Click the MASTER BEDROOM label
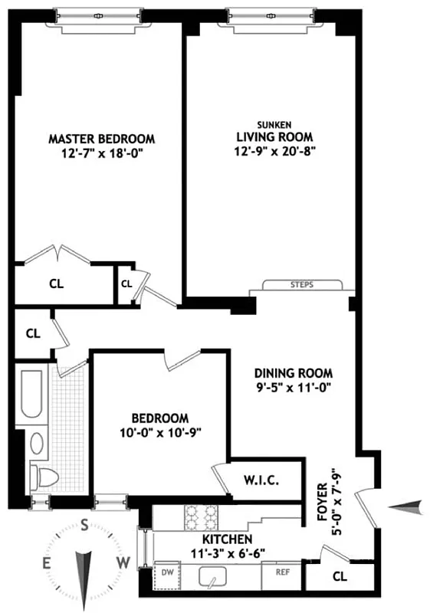pos(102,139)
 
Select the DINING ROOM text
pos(294,374)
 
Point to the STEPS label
pos(302,285)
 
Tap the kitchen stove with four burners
pos(200,517)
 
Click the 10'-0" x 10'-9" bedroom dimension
pos(159,432)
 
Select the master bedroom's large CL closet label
pos(56,284)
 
